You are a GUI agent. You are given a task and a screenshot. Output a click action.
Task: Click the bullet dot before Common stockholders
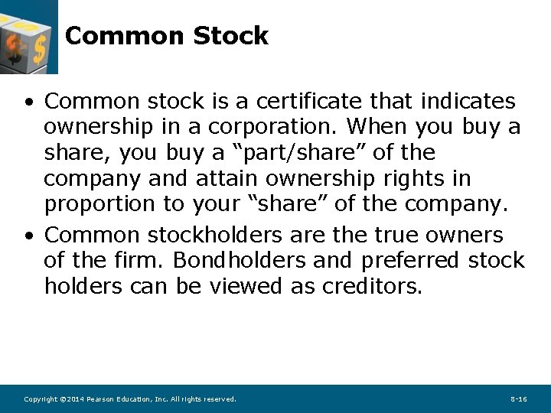[x=28, y=236]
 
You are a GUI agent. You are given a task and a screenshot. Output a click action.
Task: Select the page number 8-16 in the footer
[x=518, y=399]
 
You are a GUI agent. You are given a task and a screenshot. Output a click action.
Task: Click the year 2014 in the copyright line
[x=75, y=399]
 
